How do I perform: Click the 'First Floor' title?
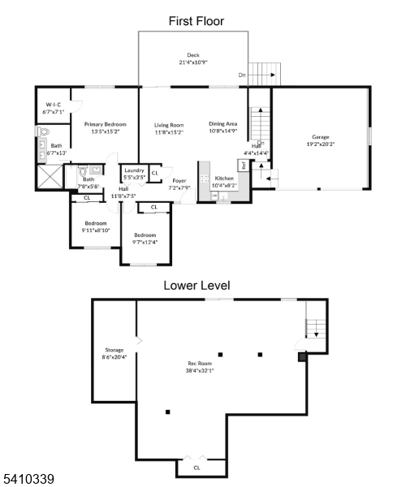[196, 21]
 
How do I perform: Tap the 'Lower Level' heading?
[196, 286]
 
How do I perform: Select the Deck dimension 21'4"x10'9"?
[194, 62]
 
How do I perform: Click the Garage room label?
[319, 137]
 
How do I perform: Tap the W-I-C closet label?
[53, 105]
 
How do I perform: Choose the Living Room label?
[169, 124]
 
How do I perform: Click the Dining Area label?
[222, 124]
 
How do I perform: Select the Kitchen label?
[224, 178]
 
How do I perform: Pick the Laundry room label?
[134, 170]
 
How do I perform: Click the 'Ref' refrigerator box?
[242, 166]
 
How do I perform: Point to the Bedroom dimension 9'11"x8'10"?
[96, 231]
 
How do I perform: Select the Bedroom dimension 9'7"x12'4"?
[145, 240]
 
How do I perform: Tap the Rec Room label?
[199, 364]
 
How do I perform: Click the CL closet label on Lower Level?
[196, 468]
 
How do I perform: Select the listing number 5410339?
[28, 480]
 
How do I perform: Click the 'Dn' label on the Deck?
[242, 74]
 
